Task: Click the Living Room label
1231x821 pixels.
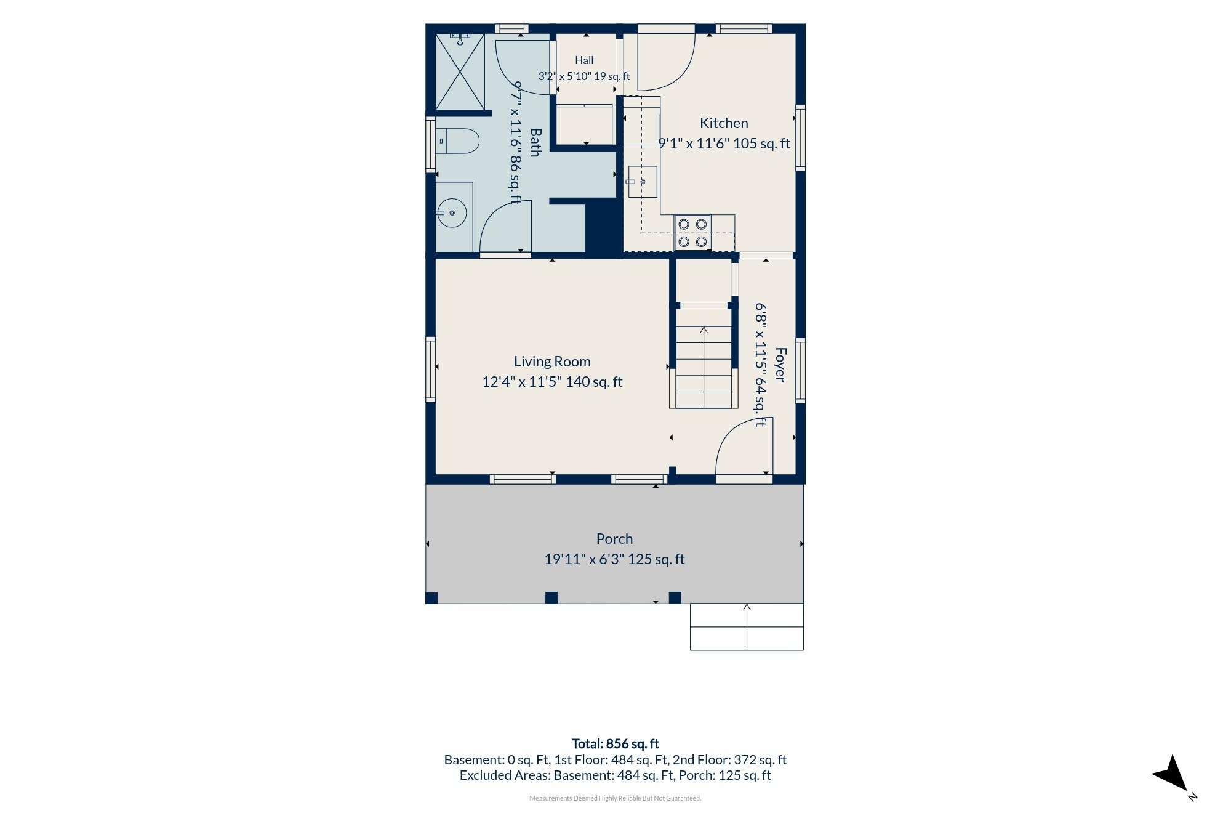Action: tap(552, 362)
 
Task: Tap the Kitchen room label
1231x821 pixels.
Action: tap(724, 123)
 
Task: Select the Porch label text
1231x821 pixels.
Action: tap(614, 539)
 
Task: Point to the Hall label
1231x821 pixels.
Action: tap(584, 60)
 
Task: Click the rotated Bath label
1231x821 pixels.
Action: tap(535, 142)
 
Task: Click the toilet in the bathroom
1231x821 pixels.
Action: tap(457, 141)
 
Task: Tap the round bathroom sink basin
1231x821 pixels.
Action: tap(452, 213)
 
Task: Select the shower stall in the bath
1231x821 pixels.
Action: tap(460, 72)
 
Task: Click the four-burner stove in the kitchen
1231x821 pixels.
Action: tap(692, 233)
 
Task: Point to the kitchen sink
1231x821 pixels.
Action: tap(643, 182)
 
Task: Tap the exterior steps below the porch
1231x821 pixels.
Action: tap(747, 627)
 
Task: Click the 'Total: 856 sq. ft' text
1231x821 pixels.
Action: tap(615, 744)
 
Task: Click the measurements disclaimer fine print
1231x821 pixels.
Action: tap(615, 798)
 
